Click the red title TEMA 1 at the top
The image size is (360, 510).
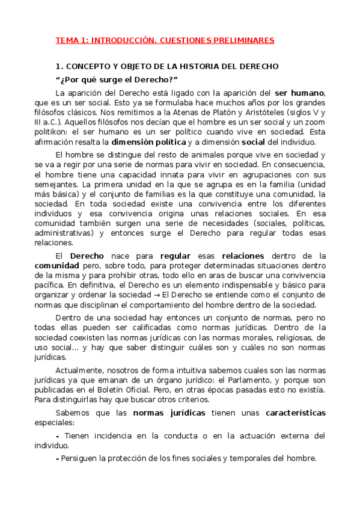[x=165, y=40]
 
